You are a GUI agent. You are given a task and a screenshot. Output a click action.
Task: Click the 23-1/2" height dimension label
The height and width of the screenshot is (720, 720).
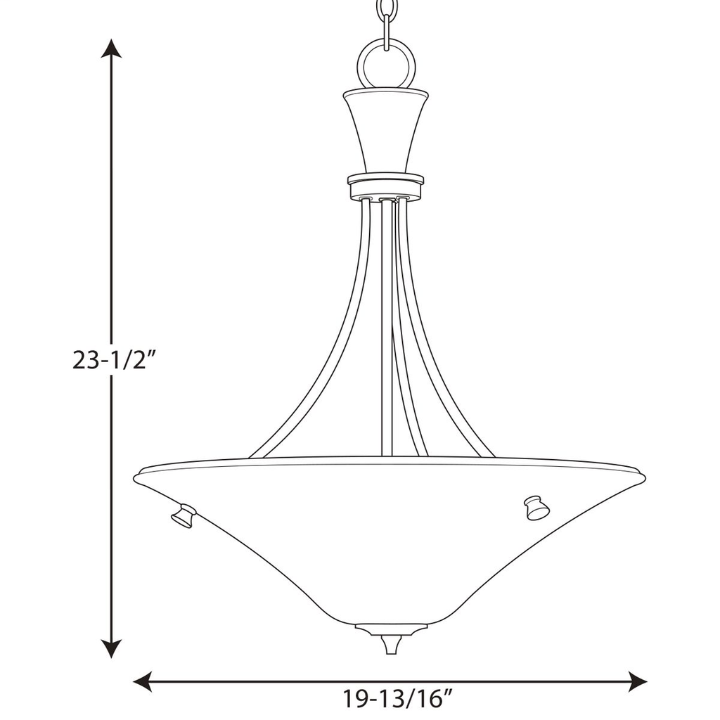112,360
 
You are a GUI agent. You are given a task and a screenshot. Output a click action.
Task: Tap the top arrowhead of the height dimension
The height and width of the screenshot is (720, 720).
111,48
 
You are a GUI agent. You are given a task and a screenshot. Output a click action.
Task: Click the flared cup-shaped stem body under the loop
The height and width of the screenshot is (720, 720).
386,130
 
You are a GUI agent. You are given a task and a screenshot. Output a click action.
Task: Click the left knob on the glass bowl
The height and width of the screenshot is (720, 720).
184,515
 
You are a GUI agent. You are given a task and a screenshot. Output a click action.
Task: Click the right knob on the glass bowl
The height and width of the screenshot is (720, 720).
536,508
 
